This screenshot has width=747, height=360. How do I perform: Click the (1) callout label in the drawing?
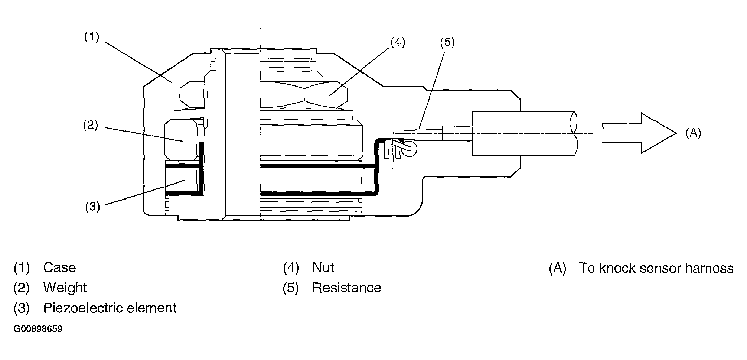pos(91,37)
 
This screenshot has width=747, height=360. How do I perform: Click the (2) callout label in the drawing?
pos(90,125)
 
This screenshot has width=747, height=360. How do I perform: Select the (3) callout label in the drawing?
pos(92,207)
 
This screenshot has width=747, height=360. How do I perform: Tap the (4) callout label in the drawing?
pos(398,42)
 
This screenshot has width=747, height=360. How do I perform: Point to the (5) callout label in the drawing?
pos(447,42)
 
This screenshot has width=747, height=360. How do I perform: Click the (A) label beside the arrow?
pos(693,133)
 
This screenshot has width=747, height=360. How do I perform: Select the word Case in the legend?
pos(59,267)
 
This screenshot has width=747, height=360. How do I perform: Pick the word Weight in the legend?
pos(65,288)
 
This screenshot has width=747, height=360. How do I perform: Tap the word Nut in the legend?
pos(323,267)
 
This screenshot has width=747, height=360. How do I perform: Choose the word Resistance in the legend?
pos(346,288)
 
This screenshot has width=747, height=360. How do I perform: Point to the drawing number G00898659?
pos(38,329)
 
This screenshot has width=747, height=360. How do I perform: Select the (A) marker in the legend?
pos(557,268)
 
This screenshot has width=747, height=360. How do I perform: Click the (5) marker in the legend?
pos(291,288)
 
